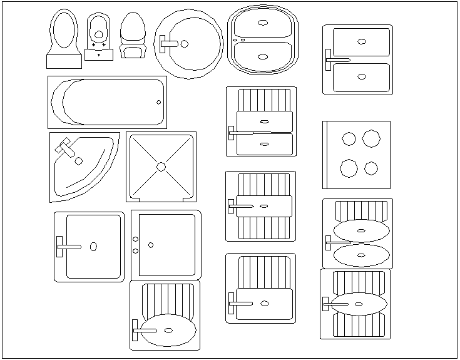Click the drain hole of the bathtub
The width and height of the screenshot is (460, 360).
click(x=158, y=102)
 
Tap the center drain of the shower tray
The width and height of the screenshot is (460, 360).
click(x=161, y=167)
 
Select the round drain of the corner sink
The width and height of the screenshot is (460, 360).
click(x=79, y=161)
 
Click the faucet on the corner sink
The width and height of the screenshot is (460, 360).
click(x=65, y=149)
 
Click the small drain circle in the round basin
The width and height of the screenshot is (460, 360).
click(x=184, y=44)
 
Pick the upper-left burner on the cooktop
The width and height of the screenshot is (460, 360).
click(x=349, y=138)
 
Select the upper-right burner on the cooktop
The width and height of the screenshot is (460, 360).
click(x=371, y=138)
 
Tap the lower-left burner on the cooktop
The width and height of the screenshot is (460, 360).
click(x=349, y=167)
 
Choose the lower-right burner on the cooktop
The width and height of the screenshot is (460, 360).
click(x=371, y=168)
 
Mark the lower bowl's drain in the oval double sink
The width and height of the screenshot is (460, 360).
click(x=262, y=56)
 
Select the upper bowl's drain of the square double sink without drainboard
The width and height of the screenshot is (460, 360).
click(x=361, y=41)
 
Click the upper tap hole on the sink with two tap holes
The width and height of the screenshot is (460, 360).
click(x=136, y=239)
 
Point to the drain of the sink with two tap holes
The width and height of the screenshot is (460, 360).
click(x=151, y=245)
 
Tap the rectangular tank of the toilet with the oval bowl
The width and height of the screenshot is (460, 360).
click(x=64, y=61)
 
